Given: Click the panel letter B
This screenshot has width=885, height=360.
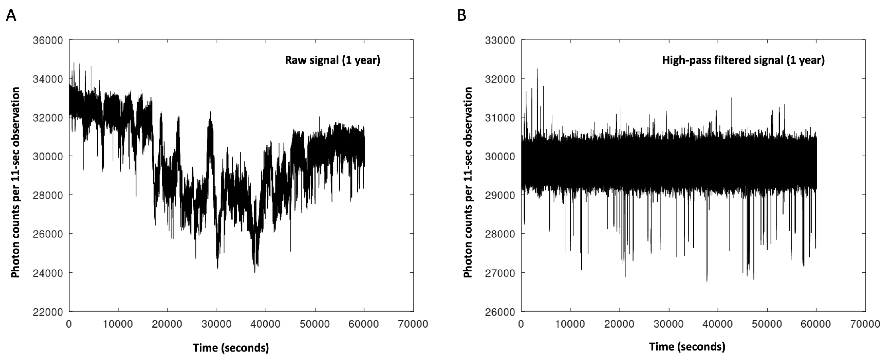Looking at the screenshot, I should click(462, 15).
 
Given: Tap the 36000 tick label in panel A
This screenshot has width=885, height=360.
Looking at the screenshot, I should click(48, 40).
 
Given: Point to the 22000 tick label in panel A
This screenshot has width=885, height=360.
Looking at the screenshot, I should click(48, 312).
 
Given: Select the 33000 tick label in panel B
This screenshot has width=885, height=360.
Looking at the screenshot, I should click(500, 40).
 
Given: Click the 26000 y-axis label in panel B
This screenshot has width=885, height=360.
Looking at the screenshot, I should click(500, 312).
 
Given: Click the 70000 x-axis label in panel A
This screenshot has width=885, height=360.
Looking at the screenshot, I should click(413, 324).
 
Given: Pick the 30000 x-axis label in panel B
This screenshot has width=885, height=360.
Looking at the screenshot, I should click(669, 324).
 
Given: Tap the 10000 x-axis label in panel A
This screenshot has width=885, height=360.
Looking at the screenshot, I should click(118, 324).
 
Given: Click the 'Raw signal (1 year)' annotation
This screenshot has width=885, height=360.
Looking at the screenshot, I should click(333, 60).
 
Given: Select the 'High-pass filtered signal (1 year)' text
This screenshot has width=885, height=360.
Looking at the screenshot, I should click(743, 60).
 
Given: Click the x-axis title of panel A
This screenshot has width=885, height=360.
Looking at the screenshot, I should click(231, 348).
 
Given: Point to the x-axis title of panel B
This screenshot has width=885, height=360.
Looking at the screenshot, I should click(687, 347).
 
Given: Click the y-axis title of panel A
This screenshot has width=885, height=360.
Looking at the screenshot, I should click(15, 182).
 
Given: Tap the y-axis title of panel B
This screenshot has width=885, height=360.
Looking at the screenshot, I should click(468, 182).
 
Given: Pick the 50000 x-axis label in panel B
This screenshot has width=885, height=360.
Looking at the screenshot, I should click(767, 324).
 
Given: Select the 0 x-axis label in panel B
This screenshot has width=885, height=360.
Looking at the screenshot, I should click(521, 324).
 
